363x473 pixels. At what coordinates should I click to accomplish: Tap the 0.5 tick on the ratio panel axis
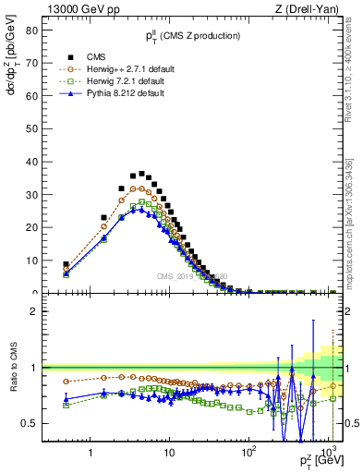point(29,423)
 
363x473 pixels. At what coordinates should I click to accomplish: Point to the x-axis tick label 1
point(90,453)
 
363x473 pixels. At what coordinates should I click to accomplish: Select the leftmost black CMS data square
point(66,264)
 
